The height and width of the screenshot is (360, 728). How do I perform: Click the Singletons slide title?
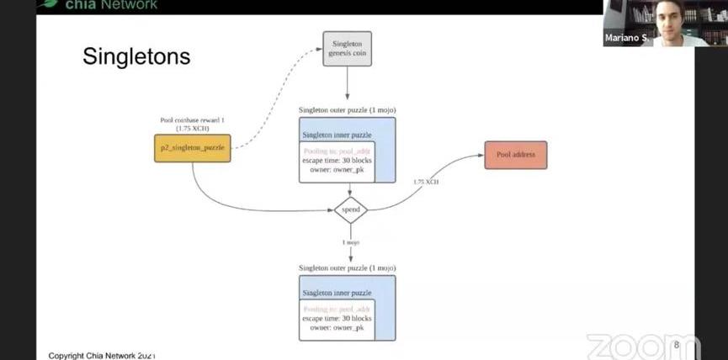coord(136,56)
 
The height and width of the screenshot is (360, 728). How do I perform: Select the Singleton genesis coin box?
coord(348,49)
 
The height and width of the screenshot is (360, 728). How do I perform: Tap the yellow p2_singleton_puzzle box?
coord(192,148)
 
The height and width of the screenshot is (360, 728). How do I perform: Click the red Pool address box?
coord(516,155)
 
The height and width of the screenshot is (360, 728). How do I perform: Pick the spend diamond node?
coord(351,209)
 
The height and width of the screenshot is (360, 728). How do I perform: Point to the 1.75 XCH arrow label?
coord(426,182)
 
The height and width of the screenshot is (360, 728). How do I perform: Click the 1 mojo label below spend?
coord(351,242)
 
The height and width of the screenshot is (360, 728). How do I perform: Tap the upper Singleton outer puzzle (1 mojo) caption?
coord(347,110)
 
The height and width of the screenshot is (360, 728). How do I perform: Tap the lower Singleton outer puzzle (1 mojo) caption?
coord(347,267)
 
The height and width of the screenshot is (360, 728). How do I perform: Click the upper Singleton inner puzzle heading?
coord(337,134)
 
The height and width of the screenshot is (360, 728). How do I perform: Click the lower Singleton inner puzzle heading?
coord(337,293)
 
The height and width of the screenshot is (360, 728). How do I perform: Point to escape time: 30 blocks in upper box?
coord(337,160)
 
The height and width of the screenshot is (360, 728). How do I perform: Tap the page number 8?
coord(677,345)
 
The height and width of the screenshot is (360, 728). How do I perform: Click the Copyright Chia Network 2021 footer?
coord(102,355)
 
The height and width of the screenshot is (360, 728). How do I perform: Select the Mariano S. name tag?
coord(624,39)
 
